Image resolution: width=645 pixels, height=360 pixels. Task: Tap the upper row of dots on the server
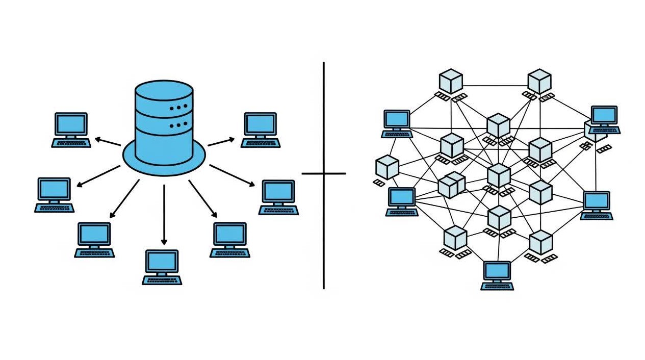coord(178,108)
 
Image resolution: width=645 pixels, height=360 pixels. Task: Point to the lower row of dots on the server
coord(178,124)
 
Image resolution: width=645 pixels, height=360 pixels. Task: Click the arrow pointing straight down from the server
coord(164,214)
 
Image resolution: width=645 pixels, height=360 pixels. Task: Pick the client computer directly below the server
coord(162,266)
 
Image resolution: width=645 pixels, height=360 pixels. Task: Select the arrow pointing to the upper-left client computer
coord(108,141)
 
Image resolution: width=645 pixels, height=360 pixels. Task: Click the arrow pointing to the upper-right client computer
coord(221,141)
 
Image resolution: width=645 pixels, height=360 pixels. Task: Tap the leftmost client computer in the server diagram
coord(55,194)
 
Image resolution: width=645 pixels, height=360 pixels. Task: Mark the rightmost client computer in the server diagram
coord(279,196)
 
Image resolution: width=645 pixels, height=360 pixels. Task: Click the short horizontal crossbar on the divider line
coord(323,173)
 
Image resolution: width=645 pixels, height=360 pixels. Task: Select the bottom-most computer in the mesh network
coord(497,275)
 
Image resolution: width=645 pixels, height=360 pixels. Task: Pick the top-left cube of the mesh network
coord(451,82)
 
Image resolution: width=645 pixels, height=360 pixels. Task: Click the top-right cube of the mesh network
coord(539,82)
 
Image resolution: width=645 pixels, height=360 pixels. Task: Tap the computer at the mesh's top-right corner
coord(604,119)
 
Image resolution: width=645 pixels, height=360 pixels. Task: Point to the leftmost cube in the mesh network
coord(387,167)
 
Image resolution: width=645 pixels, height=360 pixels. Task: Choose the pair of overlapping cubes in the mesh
coord(451,185)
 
